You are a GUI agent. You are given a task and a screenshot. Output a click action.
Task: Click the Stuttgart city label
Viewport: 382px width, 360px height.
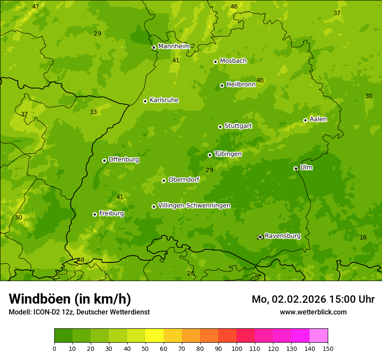(x=238, y=126)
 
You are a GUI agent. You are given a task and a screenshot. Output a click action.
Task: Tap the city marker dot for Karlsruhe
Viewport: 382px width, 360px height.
(x=145, y=101)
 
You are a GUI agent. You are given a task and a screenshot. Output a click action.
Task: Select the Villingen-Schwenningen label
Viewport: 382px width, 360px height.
(x=194, y=206)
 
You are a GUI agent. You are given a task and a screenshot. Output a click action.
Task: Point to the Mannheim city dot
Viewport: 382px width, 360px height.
(x=154, y=48)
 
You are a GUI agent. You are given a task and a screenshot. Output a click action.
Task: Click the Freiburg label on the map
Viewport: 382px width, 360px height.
(x=111, y=213)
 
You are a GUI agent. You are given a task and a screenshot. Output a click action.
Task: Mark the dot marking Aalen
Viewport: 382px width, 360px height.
(x=305, y=120)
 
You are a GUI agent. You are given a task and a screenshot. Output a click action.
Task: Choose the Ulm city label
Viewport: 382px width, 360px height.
(x=306, y=167)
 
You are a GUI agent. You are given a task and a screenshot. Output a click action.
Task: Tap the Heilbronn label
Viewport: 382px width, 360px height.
(x=241, y=85)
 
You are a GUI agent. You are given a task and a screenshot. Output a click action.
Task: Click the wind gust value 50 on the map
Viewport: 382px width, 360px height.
(x=19, y=217)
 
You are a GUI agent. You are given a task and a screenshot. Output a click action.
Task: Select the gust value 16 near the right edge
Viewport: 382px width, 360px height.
(x=363, y=237)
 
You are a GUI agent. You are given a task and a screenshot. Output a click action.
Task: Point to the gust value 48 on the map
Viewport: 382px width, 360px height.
(x=81, y=260)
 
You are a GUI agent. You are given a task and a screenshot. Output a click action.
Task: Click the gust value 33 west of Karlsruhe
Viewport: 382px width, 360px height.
(x=93, y=112)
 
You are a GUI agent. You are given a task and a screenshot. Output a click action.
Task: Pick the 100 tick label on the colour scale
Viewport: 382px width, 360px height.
(x=237, y=348)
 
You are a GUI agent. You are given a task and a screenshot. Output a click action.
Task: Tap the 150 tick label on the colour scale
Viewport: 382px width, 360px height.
(x=327, y=348)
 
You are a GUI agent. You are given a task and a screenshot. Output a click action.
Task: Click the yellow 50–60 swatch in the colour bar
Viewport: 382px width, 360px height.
(x=155, y=336)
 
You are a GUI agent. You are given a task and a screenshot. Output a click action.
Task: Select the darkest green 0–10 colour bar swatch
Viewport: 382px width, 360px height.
(x=63, y=336)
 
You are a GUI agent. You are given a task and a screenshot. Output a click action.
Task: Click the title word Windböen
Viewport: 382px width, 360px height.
(x=39, y=299)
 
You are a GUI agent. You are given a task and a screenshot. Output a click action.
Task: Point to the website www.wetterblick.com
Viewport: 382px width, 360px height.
(x=313, y=312)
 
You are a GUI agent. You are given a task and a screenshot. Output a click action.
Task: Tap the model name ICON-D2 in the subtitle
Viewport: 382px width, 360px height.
(x=47, y=312)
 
